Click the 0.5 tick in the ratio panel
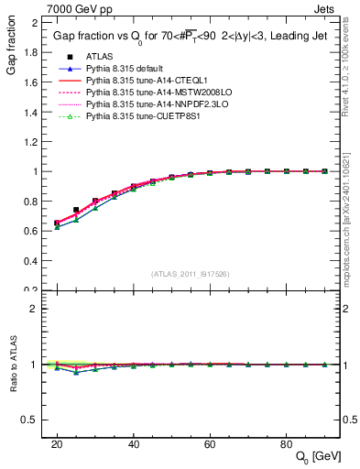point(31,420)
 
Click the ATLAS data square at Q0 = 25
point(76,210)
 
